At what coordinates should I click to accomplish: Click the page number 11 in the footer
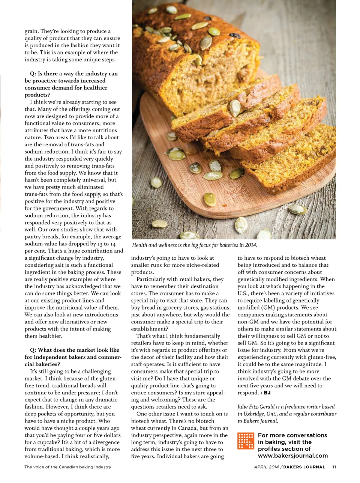click(334, 467)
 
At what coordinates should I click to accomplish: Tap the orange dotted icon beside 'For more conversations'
click(246, 441)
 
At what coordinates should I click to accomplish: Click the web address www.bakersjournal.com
click(292, 456)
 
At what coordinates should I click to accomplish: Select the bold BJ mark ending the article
click(267, 393)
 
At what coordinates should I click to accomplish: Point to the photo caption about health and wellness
click(194, 245)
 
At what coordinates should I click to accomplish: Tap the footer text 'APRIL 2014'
click(266, 467)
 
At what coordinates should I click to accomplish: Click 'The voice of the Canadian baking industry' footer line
click(68, 467)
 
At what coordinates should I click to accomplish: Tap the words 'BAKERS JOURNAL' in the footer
click(304, 467)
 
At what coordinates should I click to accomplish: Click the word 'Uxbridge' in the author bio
click(255, 414)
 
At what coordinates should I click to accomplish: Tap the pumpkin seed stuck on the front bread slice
click(235, 108)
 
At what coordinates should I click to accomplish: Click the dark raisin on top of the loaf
click(235, 36)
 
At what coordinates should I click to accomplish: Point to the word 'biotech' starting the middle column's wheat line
click(141, 421)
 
